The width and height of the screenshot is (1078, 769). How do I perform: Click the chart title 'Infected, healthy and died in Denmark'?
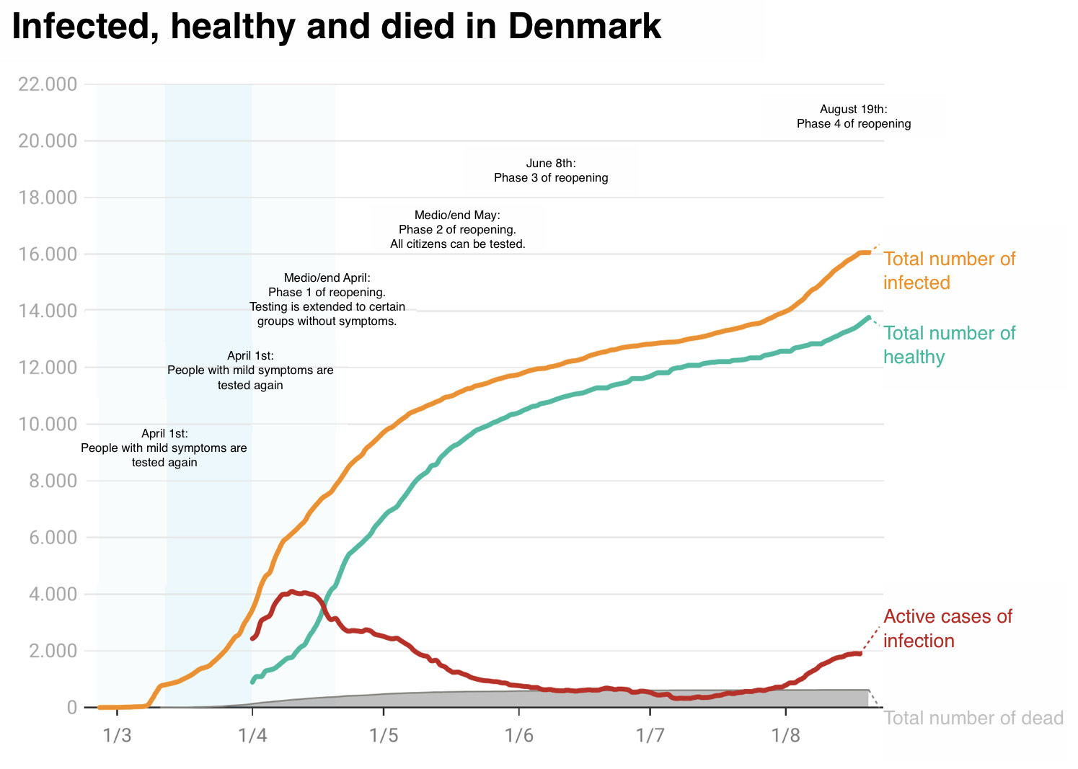pos(337,27)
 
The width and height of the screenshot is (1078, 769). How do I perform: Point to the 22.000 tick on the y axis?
pos(48,84)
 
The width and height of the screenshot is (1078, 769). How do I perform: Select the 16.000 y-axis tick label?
pos(48,254)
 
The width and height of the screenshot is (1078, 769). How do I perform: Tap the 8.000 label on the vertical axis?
pos(53,481)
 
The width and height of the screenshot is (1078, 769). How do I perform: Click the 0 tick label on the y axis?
pos(72,707)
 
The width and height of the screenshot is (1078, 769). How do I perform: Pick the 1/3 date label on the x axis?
pos(117,735)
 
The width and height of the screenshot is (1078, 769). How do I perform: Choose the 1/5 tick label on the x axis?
pos(384,735)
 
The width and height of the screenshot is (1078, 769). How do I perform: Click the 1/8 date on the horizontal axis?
pos(785,735)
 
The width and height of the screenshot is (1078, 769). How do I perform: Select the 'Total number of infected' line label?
pos(949,271)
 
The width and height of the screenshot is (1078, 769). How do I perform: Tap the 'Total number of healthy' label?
pos(949,345)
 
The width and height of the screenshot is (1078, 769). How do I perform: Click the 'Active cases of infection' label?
pos(947,628)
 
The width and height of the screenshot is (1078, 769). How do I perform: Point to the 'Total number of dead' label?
pos(973,718)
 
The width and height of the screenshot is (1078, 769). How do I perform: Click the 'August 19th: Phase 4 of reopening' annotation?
pos(854,116)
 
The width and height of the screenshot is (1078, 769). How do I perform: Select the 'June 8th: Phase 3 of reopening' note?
pos(551,170)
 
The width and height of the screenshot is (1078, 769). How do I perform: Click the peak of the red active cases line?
pos(291,592)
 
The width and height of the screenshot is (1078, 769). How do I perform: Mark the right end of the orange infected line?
pos(869,252)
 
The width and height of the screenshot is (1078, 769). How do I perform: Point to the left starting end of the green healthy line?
pos(252,682)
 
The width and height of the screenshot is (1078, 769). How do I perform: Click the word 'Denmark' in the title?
pos(585,27)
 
